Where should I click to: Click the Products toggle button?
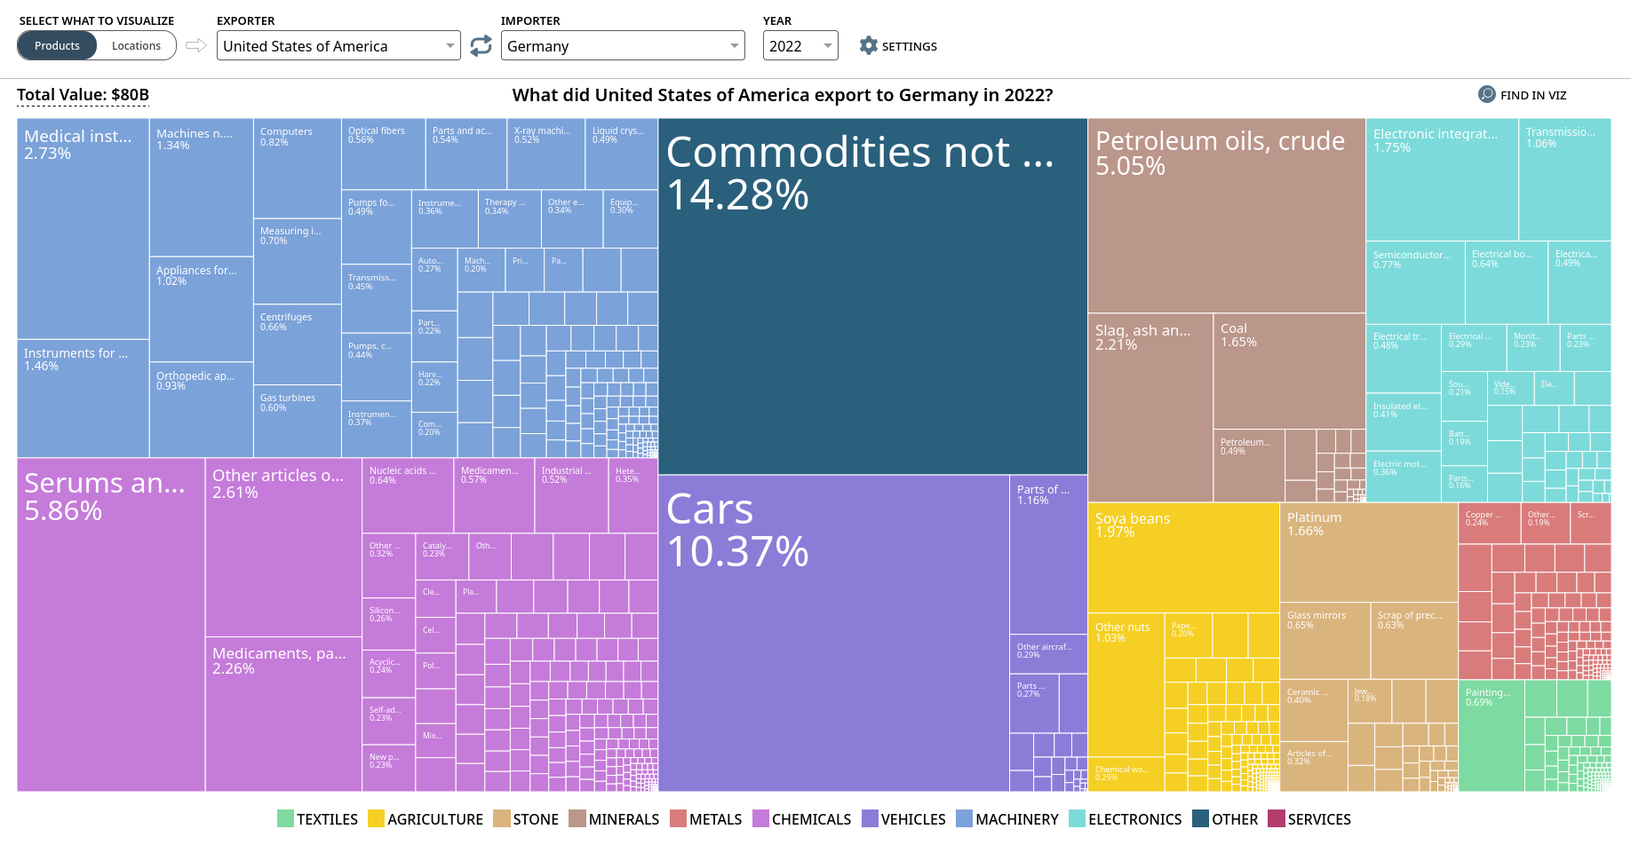coord(57,45)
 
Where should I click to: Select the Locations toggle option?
coord(136,45)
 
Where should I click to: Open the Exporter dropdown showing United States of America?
coord(338,46)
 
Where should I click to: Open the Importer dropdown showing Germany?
coord(623,46)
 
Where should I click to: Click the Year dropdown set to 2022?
coord(800,46)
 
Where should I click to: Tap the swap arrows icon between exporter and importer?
coord(481,46)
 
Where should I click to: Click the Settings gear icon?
coord(868,46)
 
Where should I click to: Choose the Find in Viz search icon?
coord(1486,95)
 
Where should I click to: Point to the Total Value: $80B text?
coord(83,95)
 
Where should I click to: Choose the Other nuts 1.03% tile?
coord(1126,683)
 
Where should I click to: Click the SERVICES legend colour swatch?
coord(1276,818)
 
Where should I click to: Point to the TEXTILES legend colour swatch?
coord(285,818)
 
